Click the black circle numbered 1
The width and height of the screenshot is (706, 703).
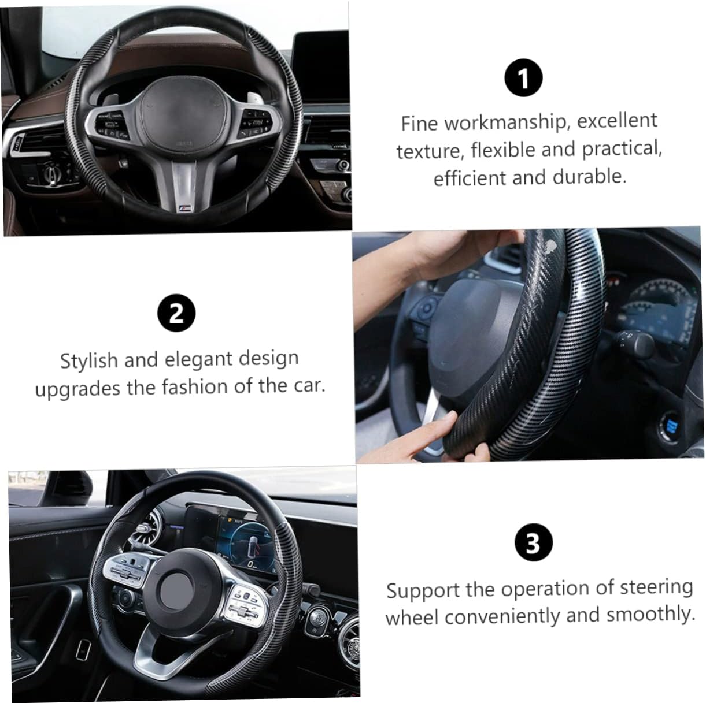tap(523, 77)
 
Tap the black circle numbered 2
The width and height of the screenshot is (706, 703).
tap(176, 313)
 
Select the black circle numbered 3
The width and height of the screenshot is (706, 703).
tap(533, 542)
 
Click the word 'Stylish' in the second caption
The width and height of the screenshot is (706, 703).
tap(88, 360)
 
